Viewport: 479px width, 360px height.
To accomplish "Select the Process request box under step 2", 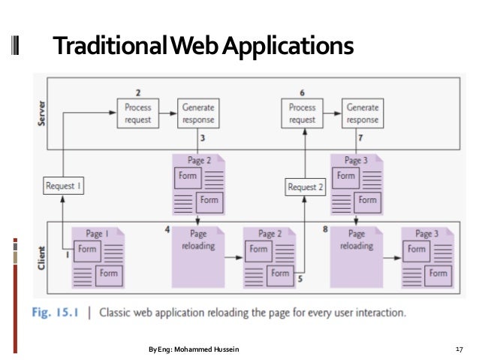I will (x=138, y=113).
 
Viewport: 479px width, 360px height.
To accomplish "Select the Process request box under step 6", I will (x=303, y=113).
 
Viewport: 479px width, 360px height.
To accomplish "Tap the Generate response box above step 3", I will (x=198, y=113).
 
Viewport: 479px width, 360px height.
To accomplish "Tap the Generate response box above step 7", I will (x=363, y=113).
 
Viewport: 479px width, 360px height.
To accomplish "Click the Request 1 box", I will (x=63, y=185).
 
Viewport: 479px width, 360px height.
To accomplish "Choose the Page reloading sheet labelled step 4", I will (x=198, y=256).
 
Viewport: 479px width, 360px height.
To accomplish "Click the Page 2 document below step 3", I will (x=198, y=183).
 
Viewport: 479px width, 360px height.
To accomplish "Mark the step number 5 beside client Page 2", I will (x=300, y=280).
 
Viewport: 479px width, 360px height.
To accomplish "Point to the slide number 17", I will (x=459, y=349).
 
